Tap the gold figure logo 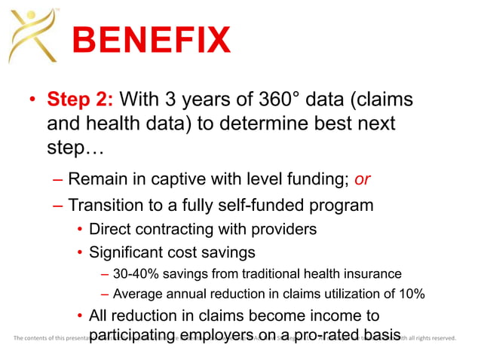[33, 34]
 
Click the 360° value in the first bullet [265, 99]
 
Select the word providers [285, 228]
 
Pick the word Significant [127, 252]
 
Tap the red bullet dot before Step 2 [32, 100]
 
